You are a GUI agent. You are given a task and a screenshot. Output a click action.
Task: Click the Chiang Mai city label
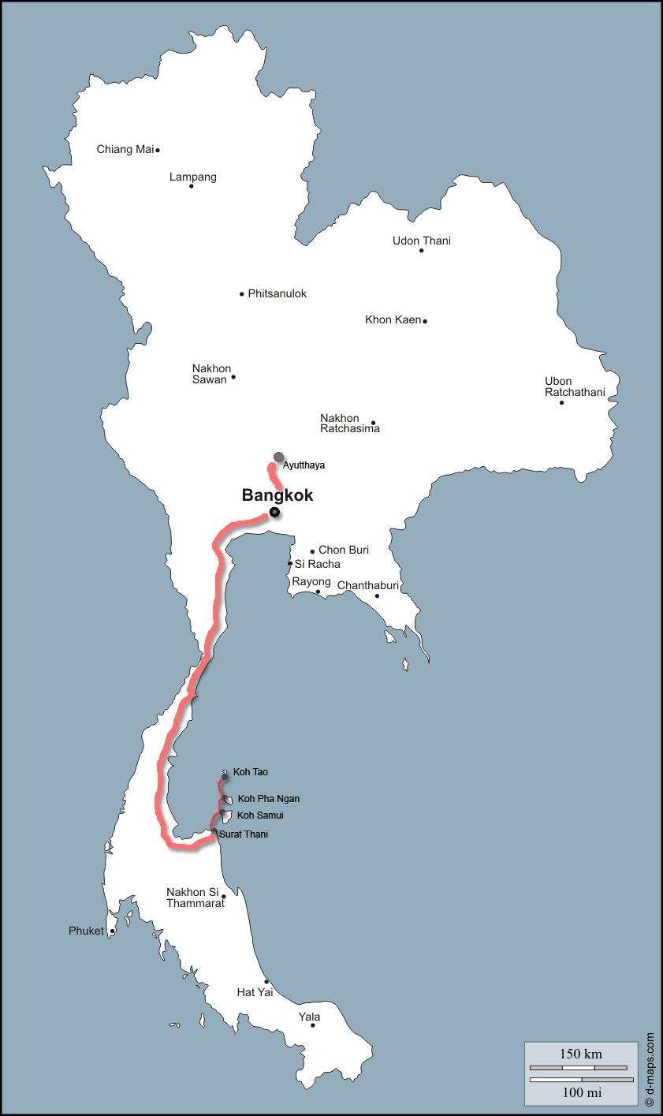125,149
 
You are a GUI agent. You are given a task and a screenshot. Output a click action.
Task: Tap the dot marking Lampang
191,186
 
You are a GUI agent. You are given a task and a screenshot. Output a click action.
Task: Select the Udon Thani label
422,241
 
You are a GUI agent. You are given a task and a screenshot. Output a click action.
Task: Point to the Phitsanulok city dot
242,294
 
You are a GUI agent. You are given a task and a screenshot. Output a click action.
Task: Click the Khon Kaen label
393,319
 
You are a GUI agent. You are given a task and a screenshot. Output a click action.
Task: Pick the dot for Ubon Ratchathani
562,403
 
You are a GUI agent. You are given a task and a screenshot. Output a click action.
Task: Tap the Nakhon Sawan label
211,374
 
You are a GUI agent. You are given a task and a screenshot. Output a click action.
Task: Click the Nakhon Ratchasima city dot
374,423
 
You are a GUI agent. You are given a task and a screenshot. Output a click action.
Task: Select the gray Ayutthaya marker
278,457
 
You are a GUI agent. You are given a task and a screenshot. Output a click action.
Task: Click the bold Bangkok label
277,495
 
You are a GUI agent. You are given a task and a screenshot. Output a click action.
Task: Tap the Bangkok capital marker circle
274,513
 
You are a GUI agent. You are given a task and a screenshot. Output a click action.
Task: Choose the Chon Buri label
344,550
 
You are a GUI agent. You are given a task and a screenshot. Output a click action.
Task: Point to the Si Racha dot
290,564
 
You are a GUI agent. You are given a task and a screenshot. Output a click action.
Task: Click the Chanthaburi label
368,585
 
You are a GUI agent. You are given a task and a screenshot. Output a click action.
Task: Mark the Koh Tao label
251,772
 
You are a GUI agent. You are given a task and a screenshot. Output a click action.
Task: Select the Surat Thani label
244,834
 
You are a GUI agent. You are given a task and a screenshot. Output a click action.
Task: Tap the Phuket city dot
112,931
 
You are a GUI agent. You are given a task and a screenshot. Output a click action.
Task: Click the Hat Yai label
255,992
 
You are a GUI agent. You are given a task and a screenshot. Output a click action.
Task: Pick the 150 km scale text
581,1054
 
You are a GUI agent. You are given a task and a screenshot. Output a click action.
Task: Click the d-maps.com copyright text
650,1068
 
